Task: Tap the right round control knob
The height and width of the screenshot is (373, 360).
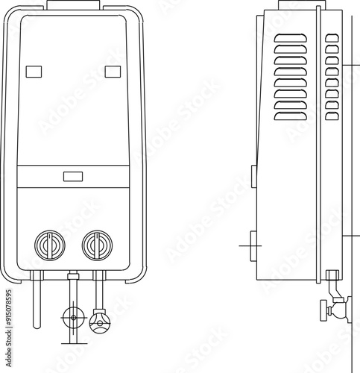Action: (97, 245)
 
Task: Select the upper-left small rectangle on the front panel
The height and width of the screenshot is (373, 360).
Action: (34, 72)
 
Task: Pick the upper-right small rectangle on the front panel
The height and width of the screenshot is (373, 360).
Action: (113, 72)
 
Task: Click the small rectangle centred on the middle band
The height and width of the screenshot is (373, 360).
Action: (73, 177)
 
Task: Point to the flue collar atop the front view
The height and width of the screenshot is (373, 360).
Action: (73, 4)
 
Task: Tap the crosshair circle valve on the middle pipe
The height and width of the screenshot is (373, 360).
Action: (72, 317)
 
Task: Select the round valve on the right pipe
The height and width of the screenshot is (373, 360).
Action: (99, 322)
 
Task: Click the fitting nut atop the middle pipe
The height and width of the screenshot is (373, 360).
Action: (72, 277)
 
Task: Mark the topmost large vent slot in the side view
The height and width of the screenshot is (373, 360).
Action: (290, 38)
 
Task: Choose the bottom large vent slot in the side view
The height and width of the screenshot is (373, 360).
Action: (290, 116)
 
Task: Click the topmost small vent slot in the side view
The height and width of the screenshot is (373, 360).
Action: (332, 38)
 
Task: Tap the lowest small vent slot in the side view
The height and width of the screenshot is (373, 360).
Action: (332, 116)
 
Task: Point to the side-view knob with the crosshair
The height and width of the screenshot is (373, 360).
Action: (253, 244)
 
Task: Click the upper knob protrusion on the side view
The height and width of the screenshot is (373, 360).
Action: (253, 176)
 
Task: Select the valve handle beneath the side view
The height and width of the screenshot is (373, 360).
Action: (323, 309)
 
